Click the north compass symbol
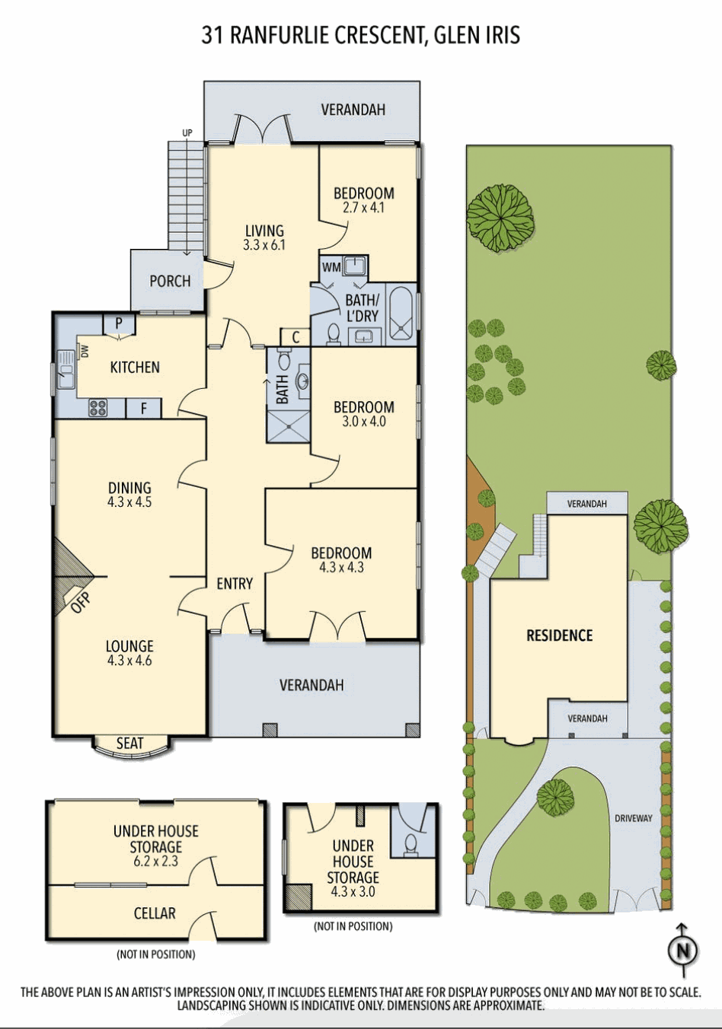[682, 950]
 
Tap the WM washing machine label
[331, 267]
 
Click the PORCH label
[170, 281]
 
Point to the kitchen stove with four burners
[98, 408]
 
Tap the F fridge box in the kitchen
[144, 409]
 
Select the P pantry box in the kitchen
[119, 323]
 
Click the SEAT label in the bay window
[129, 744]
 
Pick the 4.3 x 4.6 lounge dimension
[129, 661]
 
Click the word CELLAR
[155, 913]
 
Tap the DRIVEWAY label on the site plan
[634, 818]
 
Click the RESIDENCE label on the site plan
[559, 636]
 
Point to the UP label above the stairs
[187, 133]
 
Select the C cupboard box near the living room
[296, 337]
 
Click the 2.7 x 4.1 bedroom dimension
[363, 207]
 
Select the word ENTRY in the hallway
[235, 583]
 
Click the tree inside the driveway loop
[555, 797]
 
